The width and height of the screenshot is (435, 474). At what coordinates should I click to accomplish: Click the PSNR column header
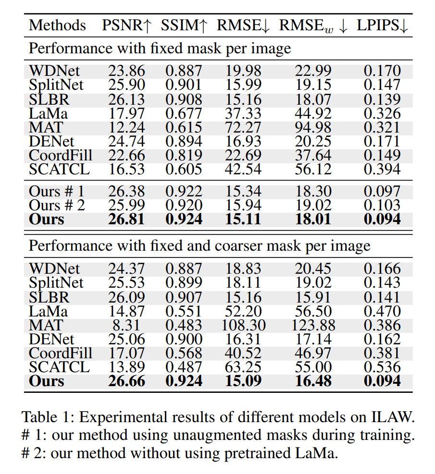coord(126,25)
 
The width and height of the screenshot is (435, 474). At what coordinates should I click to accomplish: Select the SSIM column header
coord(184,25)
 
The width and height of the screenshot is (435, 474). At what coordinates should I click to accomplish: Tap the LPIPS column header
coord(382,25)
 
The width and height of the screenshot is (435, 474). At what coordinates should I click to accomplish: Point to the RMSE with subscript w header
coord(313,26)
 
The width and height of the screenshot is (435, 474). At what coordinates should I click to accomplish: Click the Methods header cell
coord(57,25)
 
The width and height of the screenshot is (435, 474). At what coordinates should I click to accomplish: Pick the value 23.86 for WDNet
coord(127,71)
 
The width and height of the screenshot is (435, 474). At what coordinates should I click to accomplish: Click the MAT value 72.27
coord(243,127)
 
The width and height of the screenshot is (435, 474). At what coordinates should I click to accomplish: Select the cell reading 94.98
coord(313,127)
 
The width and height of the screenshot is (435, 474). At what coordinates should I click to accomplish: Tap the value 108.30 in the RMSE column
coord(244,325)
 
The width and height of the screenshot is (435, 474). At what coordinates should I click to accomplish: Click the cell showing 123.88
coord(313,325)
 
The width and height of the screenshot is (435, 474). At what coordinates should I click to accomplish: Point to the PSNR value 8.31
coord(126,325)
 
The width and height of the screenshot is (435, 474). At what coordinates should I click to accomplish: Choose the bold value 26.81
coord(127,219)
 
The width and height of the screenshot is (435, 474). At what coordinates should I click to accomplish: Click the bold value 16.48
coord(313,381)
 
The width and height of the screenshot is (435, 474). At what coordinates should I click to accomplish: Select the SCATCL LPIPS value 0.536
coord(382,367)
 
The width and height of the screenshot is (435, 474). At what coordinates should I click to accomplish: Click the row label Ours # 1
coord(57,191)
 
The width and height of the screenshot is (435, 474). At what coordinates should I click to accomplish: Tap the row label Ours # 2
coord(57,205)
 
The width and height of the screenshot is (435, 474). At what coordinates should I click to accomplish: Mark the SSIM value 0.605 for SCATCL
coord(184,169)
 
